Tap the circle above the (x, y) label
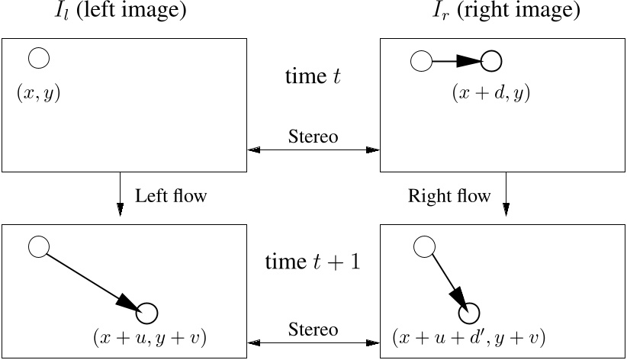[x=39, y=57]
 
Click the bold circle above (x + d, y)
[x=492, y=60]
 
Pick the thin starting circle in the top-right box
[x=421, y=60]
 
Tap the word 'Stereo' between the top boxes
[x=313, y=137]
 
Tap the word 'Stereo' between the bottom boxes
[x=313, y=329]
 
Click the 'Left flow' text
[x=171, y=196]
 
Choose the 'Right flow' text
[x=449, y=196]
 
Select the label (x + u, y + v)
[x=150, y=336]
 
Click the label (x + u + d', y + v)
[x=468, y=336]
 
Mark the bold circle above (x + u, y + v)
[x=147, y=313]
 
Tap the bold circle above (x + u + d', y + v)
[x=469, y=312]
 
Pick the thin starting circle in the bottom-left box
[x=39, y=246]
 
